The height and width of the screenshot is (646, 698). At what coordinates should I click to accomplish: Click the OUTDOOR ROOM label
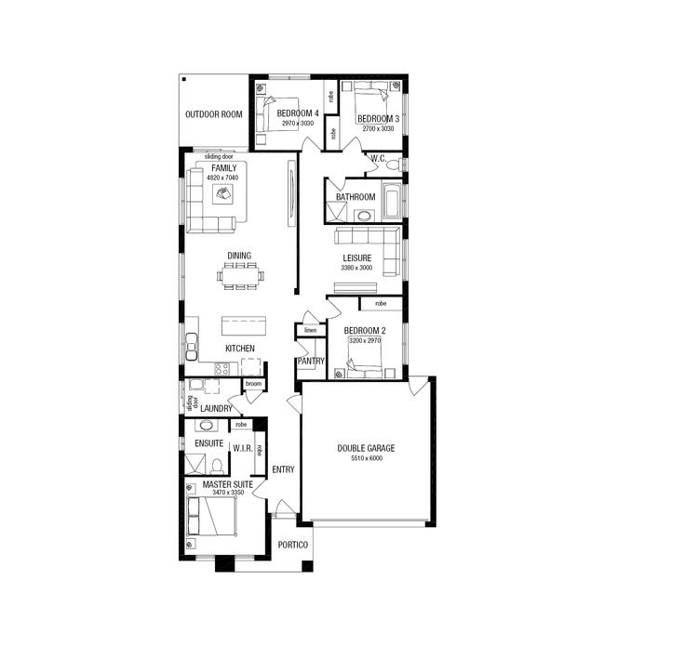coord(213,114)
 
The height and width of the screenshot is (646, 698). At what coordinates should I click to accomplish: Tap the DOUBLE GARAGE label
coord(366,448)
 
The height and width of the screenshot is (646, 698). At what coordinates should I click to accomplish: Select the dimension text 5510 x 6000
coord(366,459)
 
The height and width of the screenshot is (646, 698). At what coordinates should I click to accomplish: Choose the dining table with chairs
coord(241,274)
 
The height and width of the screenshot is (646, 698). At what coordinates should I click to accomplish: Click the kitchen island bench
coord(242,326)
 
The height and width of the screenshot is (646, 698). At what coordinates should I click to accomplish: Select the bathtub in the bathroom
coord(392,199)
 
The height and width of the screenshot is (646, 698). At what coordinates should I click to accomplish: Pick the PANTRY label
coord(310,361)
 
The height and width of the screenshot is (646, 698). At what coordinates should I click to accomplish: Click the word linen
coord(310,330)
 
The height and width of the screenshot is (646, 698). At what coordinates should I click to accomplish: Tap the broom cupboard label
coord(253,384)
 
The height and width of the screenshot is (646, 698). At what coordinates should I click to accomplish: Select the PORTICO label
coord(292,546)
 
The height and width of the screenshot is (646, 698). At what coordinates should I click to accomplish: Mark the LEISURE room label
coord(357,257)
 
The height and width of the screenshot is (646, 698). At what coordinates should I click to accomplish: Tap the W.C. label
coord(378,159)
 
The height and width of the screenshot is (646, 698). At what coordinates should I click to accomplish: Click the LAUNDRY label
coord(216,408)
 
